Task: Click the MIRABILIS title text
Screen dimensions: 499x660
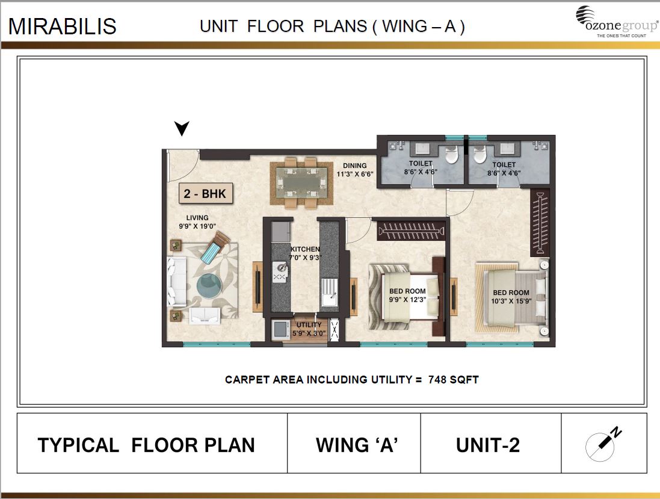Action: tap(63, 27)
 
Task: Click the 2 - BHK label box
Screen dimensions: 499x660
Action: tap(205, 194)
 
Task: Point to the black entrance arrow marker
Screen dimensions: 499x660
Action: tap(182, 128)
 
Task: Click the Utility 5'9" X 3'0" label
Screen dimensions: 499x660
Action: tap(309, 329)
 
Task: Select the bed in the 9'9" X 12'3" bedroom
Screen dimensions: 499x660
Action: tap(404, 295)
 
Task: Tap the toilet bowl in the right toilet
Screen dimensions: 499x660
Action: tap(480, 155)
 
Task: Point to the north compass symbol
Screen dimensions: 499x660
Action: tap(603, 444)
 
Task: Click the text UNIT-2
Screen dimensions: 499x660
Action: tap(487, 445)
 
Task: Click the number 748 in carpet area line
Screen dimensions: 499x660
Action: tap(438, 380)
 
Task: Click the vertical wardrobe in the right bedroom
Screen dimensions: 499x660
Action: tap(540, 222)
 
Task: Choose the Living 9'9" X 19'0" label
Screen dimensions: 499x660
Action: tap(197, 222)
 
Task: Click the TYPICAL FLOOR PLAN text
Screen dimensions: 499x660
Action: tap(146, 445)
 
